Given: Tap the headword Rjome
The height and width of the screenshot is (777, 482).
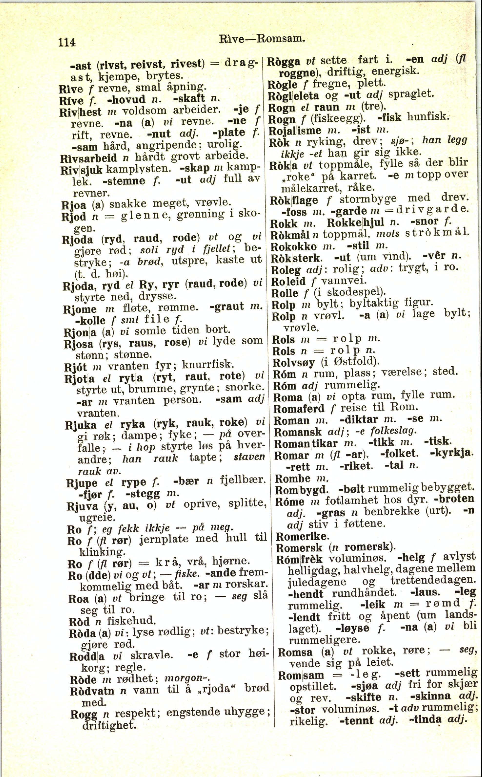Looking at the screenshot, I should (80, 309).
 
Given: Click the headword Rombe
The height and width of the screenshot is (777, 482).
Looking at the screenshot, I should (292, 478).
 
